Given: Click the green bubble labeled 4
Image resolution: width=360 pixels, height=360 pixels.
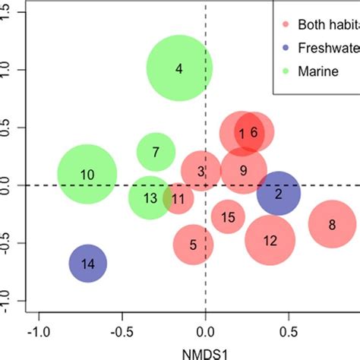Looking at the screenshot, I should pos(178,69).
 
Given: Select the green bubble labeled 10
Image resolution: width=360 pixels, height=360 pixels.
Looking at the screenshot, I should pos(87,175).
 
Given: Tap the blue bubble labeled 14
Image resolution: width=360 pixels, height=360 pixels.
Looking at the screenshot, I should pos(88,264).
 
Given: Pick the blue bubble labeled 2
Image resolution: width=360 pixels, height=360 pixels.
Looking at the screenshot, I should pos(278,194).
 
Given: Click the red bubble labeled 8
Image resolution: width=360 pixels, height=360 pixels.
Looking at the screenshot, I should pos(332,224).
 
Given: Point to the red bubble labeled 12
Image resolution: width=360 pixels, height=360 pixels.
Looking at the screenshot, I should pos(270,241).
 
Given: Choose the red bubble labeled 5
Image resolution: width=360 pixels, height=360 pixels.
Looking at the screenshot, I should pos(193,245).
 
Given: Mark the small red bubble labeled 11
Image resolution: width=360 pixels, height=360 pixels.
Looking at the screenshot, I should pos(178,200).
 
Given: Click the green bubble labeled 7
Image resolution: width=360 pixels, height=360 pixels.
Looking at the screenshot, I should pos(156,152).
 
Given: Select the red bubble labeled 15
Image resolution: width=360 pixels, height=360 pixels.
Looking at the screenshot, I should pos(228,218).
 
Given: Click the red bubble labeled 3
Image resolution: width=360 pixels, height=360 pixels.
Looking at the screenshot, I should pos(201,172).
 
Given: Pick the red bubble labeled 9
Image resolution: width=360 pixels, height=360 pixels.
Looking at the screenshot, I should pos(243,170).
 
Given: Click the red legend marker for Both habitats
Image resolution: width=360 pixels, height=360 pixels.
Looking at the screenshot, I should pos(287,23).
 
